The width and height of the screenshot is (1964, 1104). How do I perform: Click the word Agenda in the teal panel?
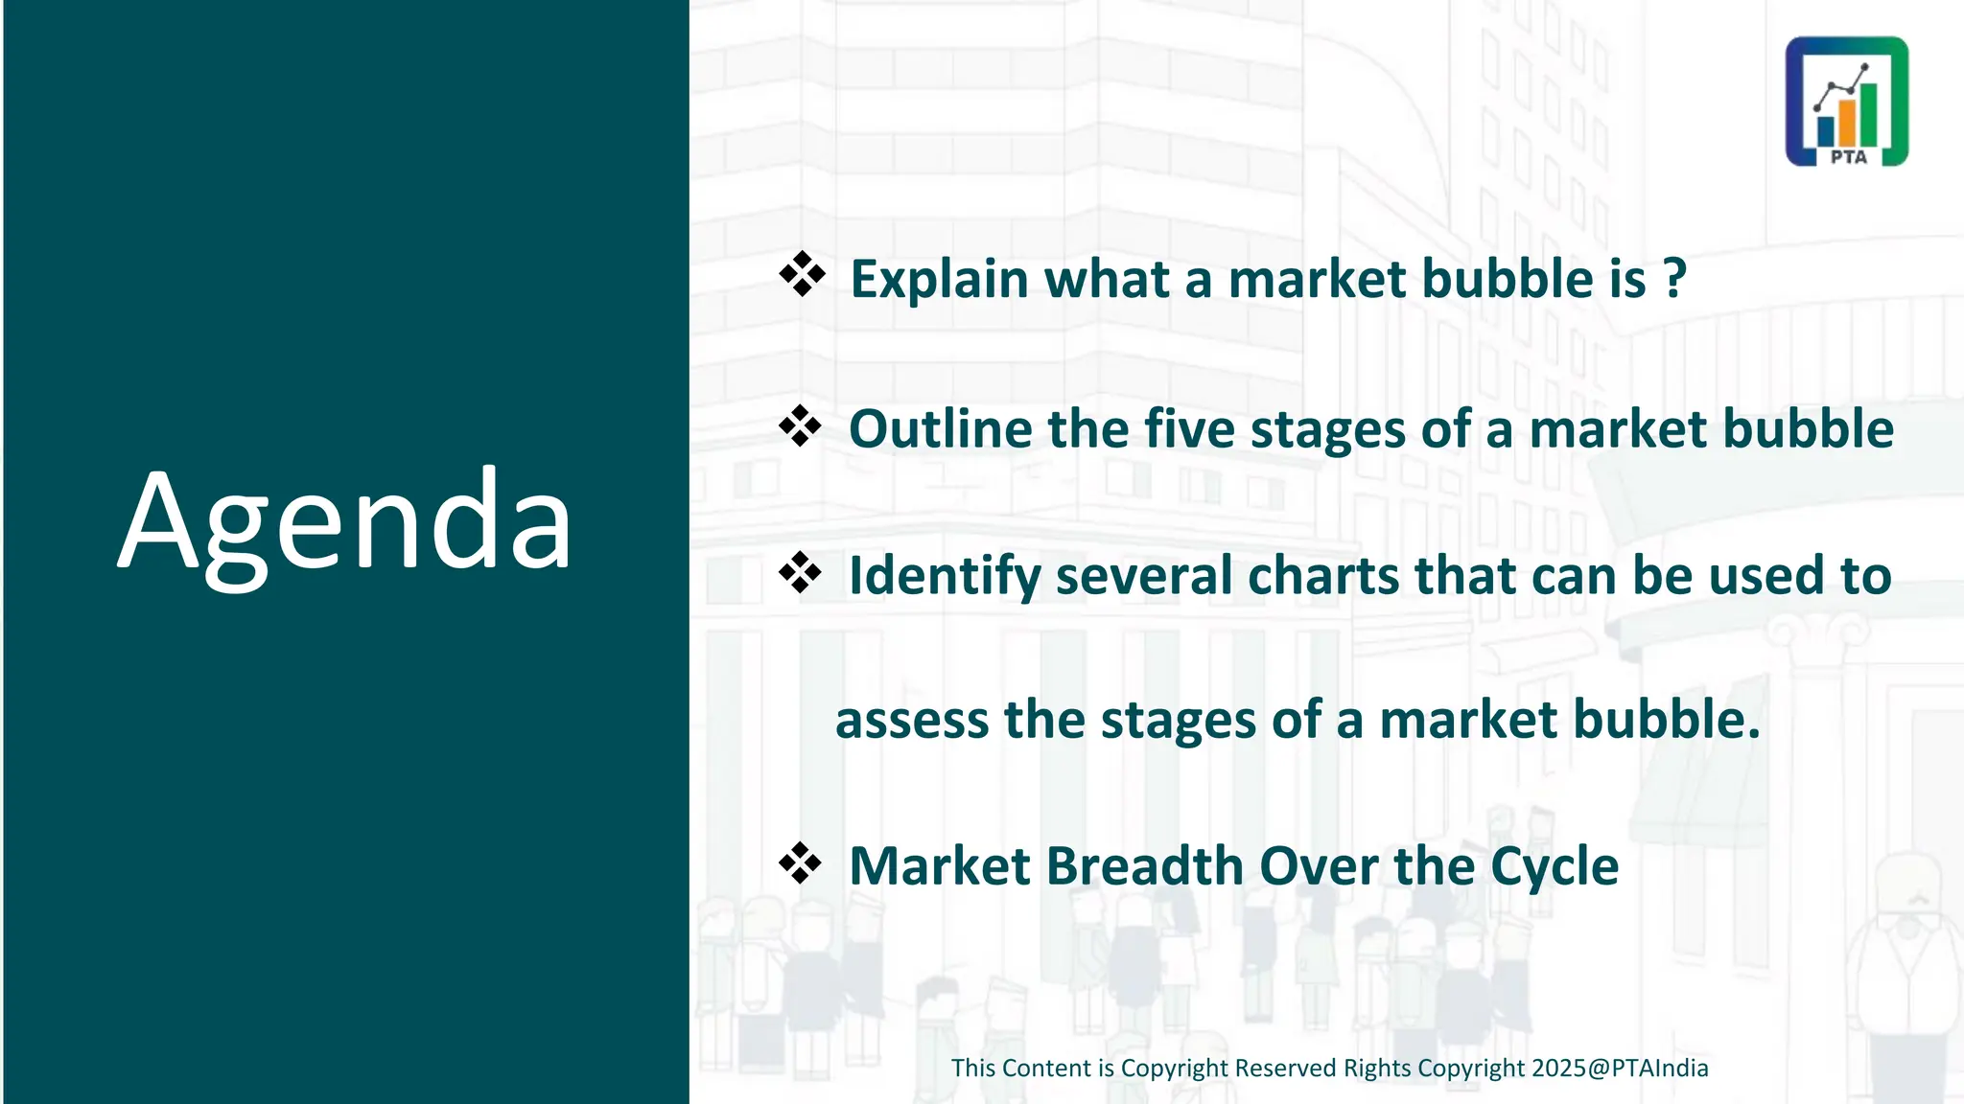[x=345, y=522]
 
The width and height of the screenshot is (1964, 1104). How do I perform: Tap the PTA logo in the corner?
[x=1846, y=102]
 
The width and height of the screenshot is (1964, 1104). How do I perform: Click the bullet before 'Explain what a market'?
[x=802, y=276]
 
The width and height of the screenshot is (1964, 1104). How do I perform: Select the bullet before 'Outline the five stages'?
[x=800, y=425]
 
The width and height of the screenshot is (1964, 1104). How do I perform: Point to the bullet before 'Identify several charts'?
[x=800, y=573]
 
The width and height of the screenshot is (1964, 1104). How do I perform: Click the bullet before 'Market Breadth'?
[x=800, y=863]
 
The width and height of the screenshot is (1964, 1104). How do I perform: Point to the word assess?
[x=911, y=721]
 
